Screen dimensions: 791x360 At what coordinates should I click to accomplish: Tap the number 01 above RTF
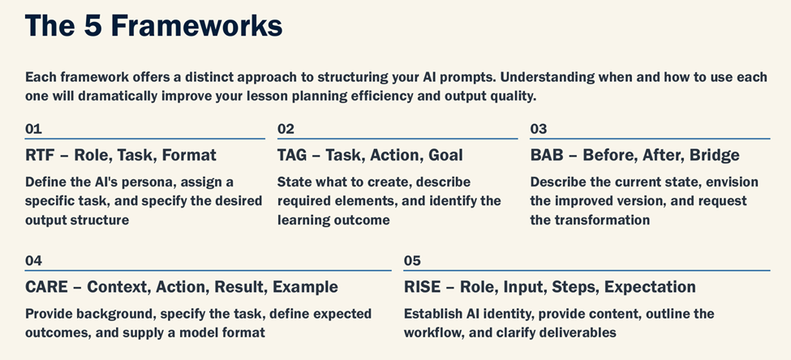pyautogui.click(x=33, y=130)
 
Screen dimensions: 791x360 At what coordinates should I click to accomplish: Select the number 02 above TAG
pyautogui.click(x=286, y=130)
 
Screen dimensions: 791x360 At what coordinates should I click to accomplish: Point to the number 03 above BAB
pyautogui.click(x=538, y=130)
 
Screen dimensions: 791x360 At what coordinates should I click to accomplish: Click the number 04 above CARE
pyautogui.click(x=33, y=261)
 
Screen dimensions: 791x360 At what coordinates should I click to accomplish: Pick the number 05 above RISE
pyautogui.click(x=412, y=261)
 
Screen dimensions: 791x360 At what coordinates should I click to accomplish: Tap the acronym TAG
pyautogui.click(x=292, y=155)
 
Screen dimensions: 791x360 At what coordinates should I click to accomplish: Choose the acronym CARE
pyautogui.click(x=46, y=287)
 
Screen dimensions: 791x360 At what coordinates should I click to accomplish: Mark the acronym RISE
pyautogui.click(x=422, y=287)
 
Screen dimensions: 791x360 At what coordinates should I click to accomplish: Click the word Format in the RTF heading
pyautogui.click(x=189, y=155)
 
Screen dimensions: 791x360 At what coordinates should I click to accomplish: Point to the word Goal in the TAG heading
pyautogui.click(x=445, y=155)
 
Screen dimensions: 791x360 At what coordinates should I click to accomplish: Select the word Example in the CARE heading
pyautogui.click(x=305, y=287)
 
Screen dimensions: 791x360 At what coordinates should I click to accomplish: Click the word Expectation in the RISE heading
pyautogui.click(x=650, y=287)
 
